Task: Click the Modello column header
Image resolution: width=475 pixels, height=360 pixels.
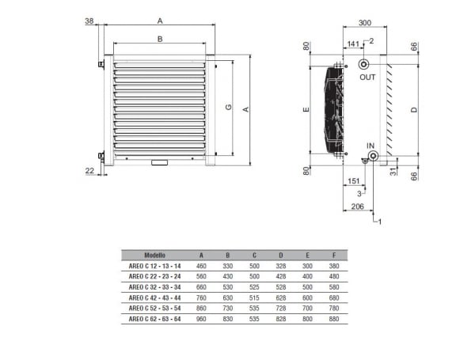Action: point(155,255)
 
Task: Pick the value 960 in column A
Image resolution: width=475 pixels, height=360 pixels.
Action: point(202,319)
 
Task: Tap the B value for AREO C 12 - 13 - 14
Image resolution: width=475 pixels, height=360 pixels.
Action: point(226,267)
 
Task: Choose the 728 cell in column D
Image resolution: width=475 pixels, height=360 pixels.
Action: point(281,309)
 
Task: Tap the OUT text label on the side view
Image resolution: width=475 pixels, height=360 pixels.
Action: point(367,78)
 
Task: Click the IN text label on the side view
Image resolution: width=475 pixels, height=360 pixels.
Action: point(371,145)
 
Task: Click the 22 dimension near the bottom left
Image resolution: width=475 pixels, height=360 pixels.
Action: point(89,170)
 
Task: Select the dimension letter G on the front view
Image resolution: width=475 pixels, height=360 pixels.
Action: point(227,108)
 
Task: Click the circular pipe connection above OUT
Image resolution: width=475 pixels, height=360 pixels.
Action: point(364,63)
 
